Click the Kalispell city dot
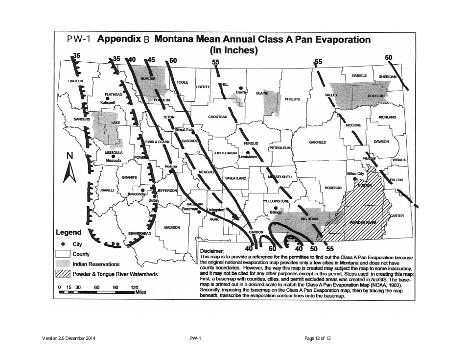click(x=108, y=98)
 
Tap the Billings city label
click(x=276, y=213)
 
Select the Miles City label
click(x=355, y=174)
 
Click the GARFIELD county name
click(x=318, y=143)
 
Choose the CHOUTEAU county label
click(x=218, y=117)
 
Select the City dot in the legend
click(x=63, y=244)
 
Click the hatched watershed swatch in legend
click(x=63, y=274)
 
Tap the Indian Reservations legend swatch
click(x=63, y=264)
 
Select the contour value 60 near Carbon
click(x=273, y=249)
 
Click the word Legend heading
click(x=71, y=233)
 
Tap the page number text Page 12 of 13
click(x=318, y=338)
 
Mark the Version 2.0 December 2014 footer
click(x=69, y=338)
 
